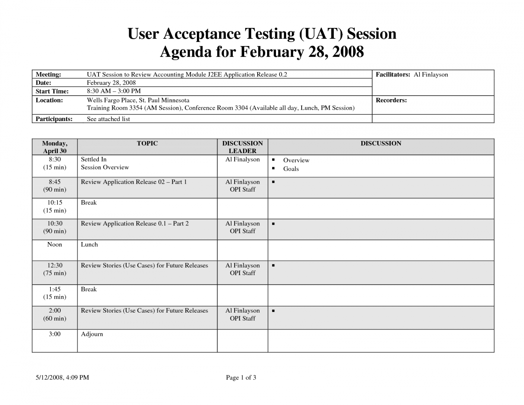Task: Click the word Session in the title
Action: [372, 34]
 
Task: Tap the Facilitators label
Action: [392, 74]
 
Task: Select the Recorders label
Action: [391, 100]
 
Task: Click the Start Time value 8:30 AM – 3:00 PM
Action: [114, 91]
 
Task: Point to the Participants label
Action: [54, 119]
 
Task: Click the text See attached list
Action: [108, 119]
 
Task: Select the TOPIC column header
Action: [147, 143]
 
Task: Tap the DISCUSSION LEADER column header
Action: [242, 147]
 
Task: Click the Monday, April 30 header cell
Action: [55, 147]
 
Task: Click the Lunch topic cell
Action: [89, 244]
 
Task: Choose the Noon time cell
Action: [55, 244]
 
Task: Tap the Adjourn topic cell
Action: [92, 334]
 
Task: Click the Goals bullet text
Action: [291, 169]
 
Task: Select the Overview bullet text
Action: [296, 160]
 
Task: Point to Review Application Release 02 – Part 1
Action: [134, 182]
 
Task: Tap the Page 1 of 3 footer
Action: [241, 377]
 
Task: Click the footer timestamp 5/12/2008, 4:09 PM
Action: [62, 377]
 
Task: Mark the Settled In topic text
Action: [94, 159]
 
